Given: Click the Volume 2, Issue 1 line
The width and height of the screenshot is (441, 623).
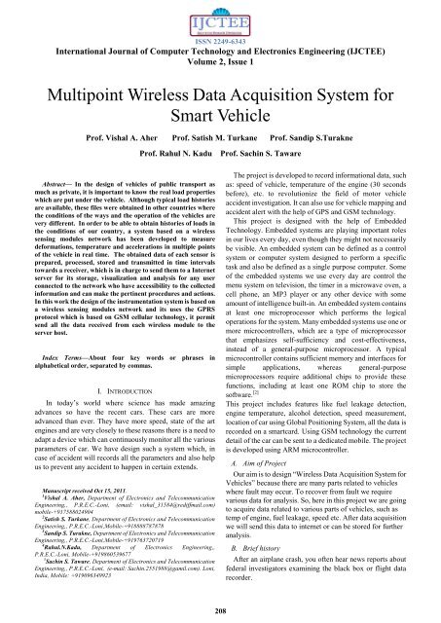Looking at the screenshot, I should pyautogui.click(x=221, y=62).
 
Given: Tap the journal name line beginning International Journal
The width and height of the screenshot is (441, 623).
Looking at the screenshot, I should pyautogui.click(x=221, y=51).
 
